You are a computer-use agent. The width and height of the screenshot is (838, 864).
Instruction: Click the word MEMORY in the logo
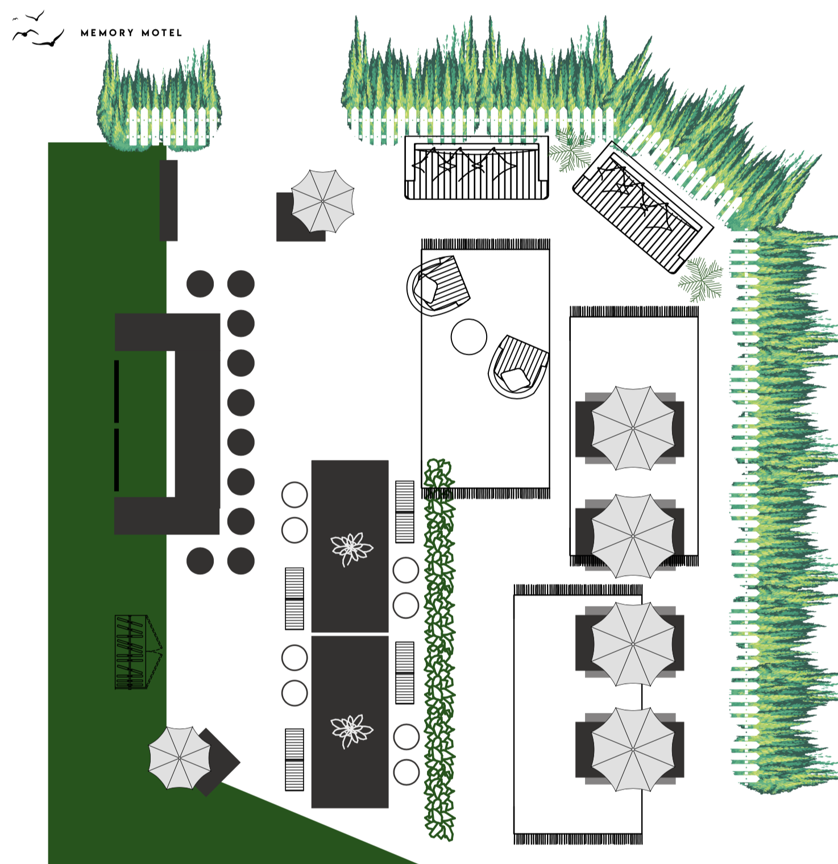107,33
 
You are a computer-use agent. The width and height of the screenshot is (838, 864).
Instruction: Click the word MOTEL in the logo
162,33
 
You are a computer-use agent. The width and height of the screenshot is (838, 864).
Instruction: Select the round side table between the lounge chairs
469,337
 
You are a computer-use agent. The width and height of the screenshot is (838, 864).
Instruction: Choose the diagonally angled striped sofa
642,207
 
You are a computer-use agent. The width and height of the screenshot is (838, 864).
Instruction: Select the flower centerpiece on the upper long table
351,548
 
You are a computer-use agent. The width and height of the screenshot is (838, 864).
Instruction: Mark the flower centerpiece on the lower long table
351,730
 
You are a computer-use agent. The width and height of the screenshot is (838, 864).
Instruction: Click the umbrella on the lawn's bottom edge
179,758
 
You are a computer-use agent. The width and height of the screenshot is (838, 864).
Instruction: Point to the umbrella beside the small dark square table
322,201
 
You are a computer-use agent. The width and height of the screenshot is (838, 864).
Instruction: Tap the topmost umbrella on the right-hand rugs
633,427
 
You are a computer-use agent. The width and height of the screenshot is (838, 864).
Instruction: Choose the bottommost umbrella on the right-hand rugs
633,749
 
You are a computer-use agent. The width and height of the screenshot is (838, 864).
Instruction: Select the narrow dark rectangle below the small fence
168,200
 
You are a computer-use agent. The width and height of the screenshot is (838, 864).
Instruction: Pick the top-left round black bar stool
200,284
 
